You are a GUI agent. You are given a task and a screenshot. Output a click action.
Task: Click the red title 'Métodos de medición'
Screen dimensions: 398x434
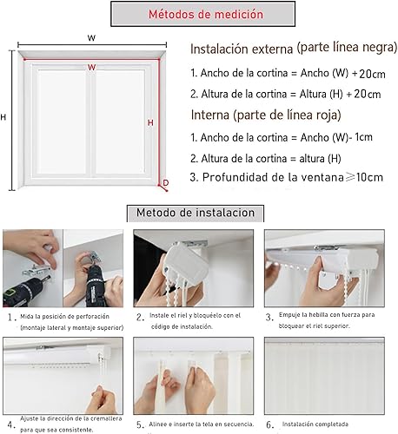click(x=206, y=14)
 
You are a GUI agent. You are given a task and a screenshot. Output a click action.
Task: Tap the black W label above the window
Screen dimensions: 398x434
click(x=91, y=38)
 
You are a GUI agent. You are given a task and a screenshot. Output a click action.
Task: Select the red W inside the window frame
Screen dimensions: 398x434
click(x=91, y=68)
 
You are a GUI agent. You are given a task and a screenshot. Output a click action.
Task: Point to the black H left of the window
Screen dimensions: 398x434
click(x=3, y=117)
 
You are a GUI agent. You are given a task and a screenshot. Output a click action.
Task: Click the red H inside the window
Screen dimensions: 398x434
click(x=150, y=122)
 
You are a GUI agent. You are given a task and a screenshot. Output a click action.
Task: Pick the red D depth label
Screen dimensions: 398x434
click(x=166, y=182)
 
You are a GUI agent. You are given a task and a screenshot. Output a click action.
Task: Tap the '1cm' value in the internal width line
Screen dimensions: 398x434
click(x=363, y=137)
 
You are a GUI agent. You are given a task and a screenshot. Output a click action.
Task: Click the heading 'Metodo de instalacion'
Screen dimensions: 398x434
click(x=196, y=213)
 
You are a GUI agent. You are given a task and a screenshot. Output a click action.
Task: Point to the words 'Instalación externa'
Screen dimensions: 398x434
click(x=242, y=49)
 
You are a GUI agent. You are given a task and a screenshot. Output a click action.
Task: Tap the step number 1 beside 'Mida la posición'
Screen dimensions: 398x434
click(x=11, y=318)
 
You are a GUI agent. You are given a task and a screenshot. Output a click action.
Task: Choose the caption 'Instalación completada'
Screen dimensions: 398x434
click(x=315, y=424)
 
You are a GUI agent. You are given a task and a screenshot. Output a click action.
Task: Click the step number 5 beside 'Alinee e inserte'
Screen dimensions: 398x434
click(x=140, y=424)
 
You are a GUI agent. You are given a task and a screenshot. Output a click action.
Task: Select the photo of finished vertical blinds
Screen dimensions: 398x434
click(x=324, y=376)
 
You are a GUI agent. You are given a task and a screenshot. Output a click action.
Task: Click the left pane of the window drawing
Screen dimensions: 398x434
click(x=62, y=122)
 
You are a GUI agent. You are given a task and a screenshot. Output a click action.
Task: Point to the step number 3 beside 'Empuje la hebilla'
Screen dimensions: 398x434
click(x=269, y=318)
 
